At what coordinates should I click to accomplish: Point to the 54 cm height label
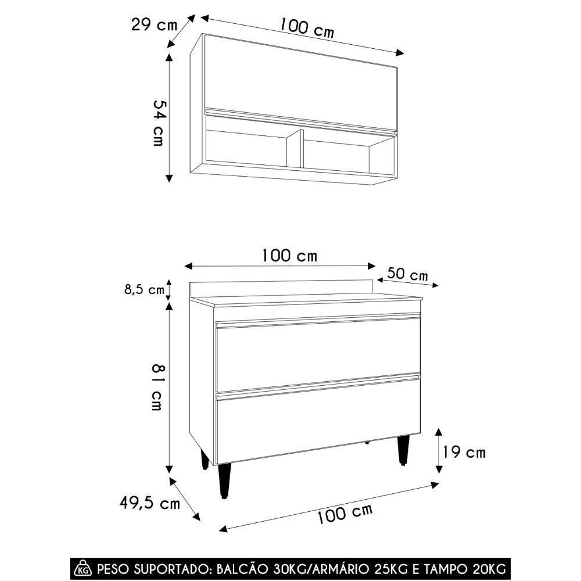(x=157, y=123)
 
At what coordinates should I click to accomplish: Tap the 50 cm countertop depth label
(x=407, y=274)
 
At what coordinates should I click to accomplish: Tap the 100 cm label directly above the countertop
(x=289, y=256)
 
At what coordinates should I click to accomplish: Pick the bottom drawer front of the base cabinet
(x=318, y=427)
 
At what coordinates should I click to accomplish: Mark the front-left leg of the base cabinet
(x=225, y=480)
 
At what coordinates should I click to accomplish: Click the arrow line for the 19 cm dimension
(x=439, y=451)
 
